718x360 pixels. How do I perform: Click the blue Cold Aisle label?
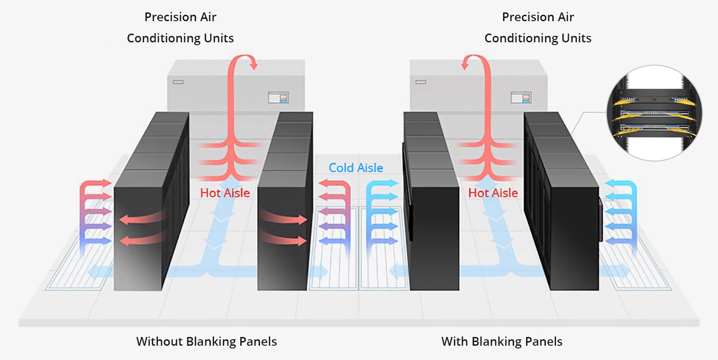point(356,168)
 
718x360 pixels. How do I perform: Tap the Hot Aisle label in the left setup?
point(225,193)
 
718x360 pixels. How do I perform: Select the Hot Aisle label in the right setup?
point(493,193)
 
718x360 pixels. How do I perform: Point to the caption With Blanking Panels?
point(502,342)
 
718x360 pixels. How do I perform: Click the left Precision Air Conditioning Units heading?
point(180,28)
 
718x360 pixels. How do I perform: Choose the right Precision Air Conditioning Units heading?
point(538,28)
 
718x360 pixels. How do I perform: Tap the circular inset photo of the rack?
point(654,113)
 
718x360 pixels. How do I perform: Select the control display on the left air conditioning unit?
point(279,98)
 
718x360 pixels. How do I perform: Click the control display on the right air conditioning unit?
point(521,98)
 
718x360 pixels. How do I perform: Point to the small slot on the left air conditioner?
point(178,82)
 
